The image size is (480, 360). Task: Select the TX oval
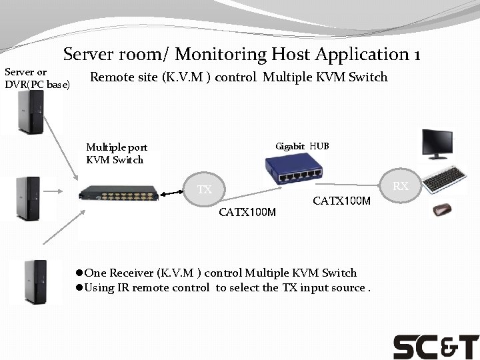coord(204,190)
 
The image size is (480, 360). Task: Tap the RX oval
coord(400,186)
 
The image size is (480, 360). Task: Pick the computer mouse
coord(441,211)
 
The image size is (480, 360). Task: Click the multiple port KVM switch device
coord(119,195)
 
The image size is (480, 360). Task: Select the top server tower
coord(31,111)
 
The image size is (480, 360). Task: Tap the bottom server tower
coord(34,282)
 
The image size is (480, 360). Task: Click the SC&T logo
coord(435,347)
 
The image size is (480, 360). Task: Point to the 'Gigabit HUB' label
coord(302,146)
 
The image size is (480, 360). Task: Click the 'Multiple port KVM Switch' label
coord(117,153)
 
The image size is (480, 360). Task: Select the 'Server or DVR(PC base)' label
coord(37,77)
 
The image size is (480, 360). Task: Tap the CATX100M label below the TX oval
coord(247,213)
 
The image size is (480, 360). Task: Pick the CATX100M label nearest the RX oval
coord(341,200)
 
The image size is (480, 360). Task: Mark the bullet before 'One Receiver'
coord(79,273)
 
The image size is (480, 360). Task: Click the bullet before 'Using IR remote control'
coord(79,288)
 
